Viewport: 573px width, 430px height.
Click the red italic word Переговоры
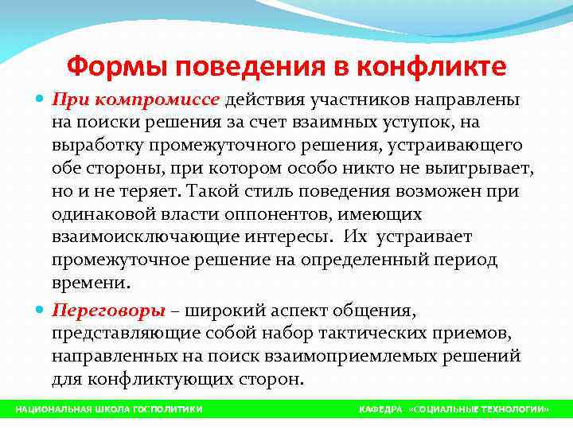click(x=108, y=310)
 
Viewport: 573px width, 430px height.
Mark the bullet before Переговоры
click(x=41, y=310)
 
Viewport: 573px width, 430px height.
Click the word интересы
click(x=278, y=238)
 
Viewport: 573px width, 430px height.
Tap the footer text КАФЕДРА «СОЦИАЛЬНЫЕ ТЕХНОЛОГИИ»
click(x=453, y=408)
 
